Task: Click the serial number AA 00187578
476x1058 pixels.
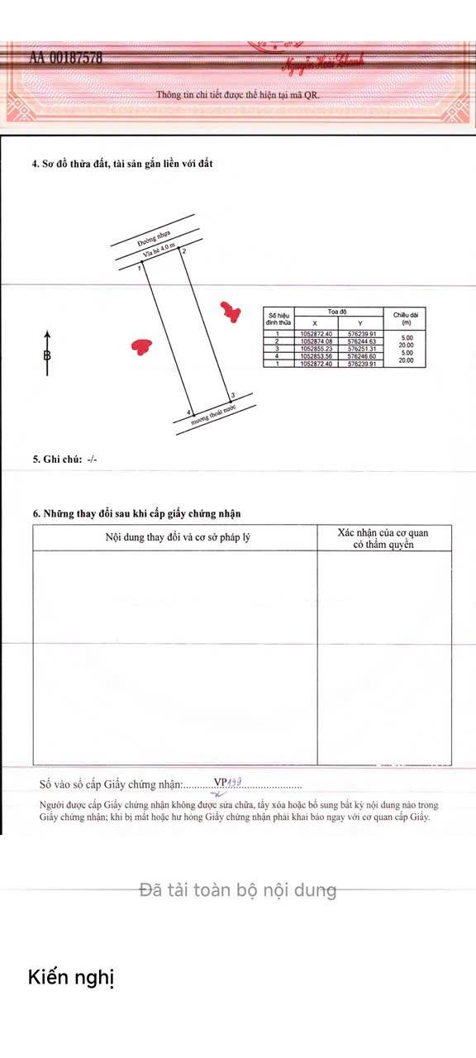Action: point(66,58)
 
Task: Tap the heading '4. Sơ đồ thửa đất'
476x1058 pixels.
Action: point(122,164)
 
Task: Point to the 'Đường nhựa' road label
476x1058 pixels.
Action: point(155,238)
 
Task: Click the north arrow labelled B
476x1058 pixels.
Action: point(47,355)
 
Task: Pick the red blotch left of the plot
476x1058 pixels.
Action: point(143,346)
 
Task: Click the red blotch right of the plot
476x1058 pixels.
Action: point(231,312)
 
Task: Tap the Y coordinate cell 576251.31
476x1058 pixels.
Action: point(361,349)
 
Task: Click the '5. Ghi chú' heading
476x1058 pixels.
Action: point(64,459)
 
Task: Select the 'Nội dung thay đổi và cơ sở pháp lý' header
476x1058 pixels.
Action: point(178,537)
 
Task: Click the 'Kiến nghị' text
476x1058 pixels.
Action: point(71,978)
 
